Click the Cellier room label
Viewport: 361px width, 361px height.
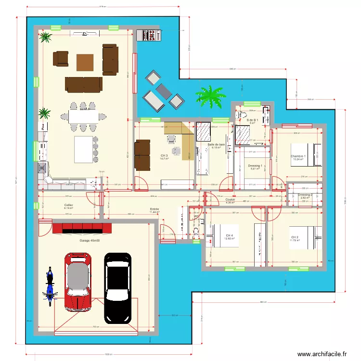click(68, 205)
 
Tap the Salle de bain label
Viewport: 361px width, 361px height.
click(217, 144)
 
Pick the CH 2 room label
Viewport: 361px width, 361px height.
click(295, 237)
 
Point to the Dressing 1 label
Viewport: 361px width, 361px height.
click(255, 166)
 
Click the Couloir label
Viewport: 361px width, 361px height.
click(230, 199)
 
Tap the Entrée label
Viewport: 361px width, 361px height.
click(155, 209)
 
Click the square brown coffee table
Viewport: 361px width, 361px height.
click(85, 62)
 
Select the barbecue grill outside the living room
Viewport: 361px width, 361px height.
click(149, 35)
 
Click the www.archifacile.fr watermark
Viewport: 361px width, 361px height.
click(322, 354)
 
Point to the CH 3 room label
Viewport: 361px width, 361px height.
click(164, 156)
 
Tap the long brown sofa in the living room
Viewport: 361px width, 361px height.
click(84, 84)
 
